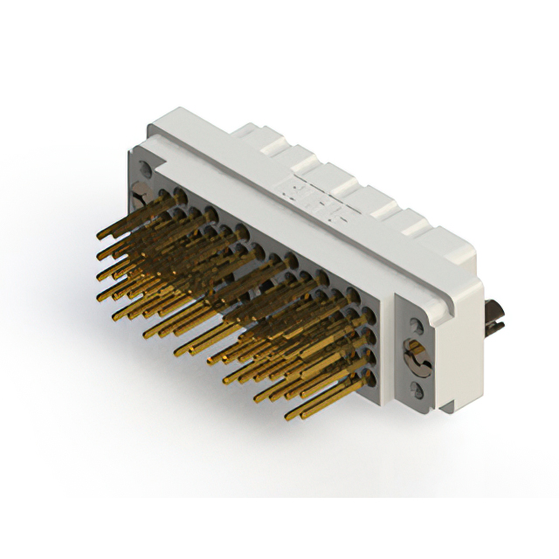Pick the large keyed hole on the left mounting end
pos(139,194)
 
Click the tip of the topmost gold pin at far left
pos(99,233)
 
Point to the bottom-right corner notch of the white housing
pos(447,404)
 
